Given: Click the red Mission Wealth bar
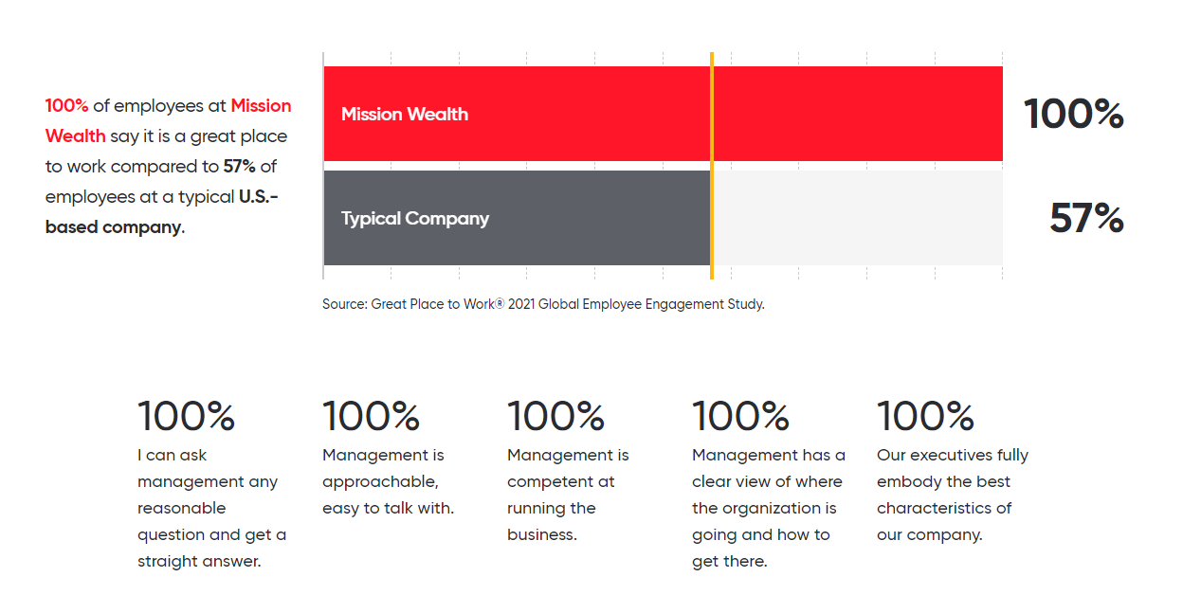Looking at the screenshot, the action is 664,114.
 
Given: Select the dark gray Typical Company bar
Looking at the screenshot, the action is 517,218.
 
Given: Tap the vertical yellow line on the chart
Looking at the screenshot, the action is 712,166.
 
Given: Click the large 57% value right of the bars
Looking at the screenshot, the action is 1086,218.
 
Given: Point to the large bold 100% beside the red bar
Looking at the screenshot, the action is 1073,114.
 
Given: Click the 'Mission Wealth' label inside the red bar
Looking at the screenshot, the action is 405,114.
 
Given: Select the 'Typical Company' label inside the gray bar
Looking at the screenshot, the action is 415,219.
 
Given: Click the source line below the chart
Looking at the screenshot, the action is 543,304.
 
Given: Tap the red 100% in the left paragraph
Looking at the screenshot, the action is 66,105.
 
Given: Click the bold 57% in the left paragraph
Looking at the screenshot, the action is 239,166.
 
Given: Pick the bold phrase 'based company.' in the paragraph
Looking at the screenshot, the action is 115,227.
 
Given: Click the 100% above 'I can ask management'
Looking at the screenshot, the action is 186,416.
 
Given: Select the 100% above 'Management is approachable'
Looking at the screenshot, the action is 371,416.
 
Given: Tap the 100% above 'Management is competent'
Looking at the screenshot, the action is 556,416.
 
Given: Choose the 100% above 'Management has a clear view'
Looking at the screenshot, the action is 740,416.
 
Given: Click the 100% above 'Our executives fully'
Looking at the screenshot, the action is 925,416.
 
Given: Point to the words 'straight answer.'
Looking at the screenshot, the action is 199,562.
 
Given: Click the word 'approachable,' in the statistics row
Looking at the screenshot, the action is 380,482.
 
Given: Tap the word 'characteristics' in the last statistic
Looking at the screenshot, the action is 937,508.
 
